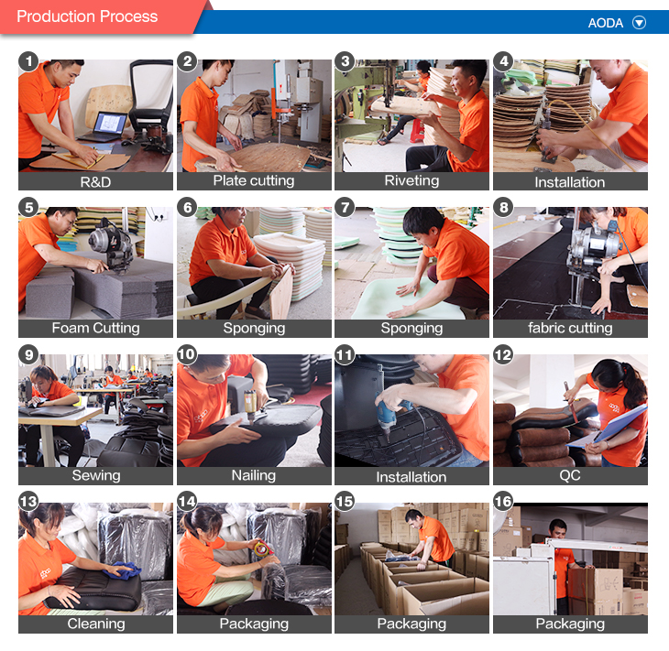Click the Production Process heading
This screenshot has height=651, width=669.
pos(87,16)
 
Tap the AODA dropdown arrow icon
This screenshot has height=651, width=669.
pos(639,23)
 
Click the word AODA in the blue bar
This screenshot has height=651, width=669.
pos(607,23)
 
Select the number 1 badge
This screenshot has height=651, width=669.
pos(29,61)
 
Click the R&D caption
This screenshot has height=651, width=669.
pos(95,181)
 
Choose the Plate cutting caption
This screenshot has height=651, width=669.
pos(254,180)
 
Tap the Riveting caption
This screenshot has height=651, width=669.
pos(411,180)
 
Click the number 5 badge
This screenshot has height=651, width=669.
pos(29,208)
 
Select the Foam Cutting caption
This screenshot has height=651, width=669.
pos(95,328)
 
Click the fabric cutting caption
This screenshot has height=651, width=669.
pos(570,328)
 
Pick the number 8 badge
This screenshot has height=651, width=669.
pos(504,208)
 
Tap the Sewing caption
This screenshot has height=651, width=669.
pos(95,475)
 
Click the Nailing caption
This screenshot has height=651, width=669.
pos(254,475)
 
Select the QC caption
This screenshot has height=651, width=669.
pos(570,475)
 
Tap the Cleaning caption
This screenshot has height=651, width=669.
pos(95,624)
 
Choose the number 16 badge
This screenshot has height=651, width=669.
pos(504,503)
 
